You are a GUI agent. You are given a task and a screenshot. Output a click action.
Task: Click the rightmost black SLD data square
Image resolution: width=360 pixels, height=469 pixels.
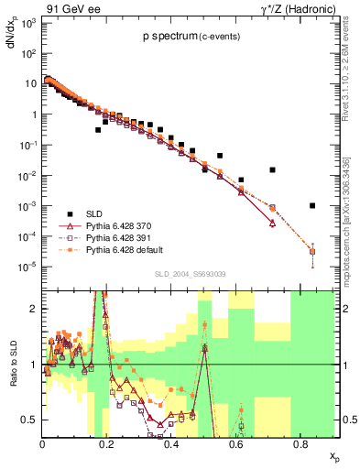point(312,205)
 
